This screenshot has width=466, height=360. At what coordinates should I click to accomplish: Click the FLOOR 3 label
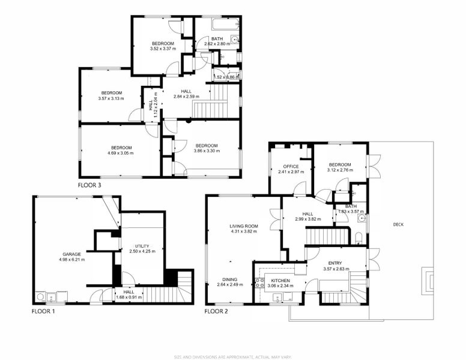[89, 185]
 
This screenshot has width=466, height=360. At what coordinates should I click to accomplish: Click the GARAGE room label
[71, 254]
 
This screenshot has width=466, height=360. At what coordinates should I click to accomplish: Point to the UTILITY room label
[142, 246]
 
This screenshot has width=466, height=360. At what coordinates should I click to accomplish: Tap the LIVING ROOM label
[244, 226]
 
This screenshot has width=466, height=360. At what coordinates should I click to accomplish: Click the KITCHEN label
[280, 280]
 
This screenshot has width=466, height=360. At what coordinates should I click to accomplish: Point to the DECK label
[398, 224]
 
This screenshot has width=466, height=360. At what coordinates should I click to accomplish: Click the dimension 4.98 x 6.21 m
[71, 260]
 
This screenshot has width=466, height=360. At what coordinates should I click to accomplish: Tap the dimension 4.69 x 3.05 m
[121, 153]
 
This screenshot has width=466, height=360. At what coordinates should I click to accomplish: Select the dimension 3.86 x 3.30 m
[206, 151]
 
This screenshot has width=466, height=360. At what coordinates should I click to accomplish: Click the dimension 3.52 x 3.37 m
[163, 49]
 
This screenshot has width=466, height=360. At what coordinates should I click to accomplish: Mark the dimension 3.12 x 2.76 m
[339, 170]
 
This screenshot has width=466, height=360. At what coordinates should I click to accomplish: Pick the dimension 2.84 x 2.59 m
[186, 97]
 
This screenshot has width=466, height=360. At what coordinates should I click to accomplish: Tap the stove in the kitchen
[259, 283]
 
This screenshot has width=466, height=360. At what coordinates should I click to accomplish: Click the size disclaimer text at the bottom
[233, 357]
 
